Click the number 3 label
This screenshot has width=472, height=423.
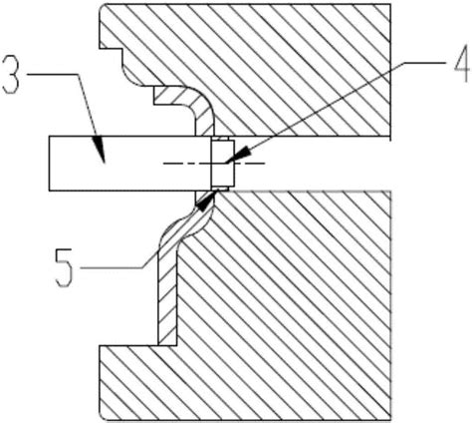click(10, 74)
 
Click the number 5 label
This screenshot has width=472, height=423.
click(64, 267)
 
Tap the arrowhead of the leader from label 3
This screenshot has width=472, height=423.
click(100, 149)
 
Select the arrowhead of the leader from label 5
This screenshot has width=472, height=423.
click(205, 203)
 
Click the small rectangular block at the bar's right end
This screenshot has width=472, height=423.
click(223, 164)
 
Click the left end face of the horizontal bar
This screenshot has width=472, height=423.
click(49, 164)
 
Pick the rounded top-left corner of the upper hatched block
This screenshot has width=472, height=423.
click(104, 7)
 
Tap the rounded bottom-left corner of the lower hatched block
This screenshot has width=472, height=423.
click(104, 415)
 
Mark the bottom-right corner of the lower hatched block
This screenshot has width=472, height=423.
click(390, 419)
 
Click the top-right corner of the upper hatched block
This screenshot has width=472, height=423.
click(390, 4)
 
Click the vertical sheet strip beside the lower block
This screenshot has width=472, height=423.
click(167, 296)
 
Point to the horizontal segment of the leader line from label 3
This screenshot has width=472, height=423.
click(53, 75)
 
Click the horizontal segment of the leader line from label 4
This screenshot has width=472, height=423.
click(427, 63)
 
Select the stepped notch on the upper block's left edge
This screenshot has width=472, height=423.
click(112, 49)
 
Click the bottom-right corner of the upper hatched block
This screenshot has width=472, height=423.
click(390, 136)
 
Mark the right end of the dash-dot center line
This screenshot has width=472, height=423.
click(265, 164)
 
